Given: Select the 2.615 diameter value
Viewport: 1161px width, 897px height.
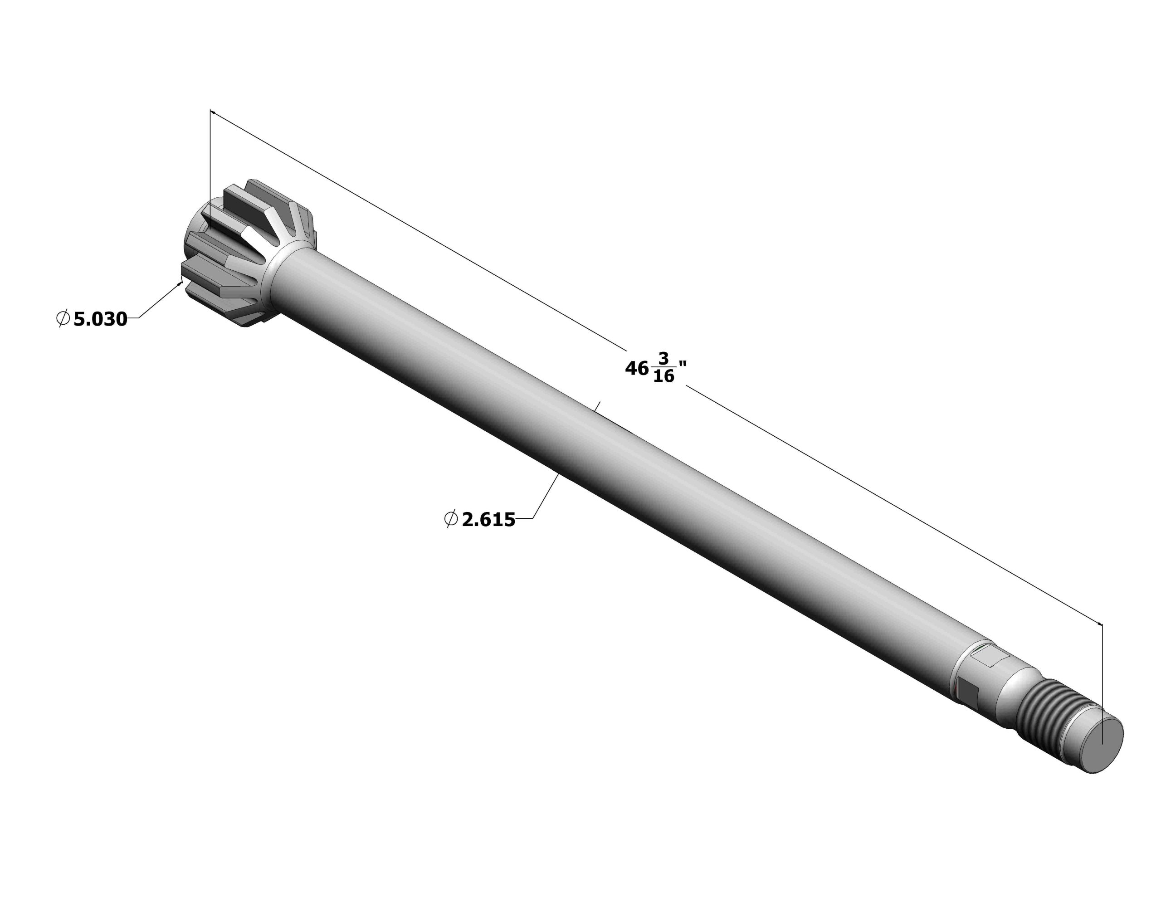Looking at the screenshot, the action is click(x=488, y=520).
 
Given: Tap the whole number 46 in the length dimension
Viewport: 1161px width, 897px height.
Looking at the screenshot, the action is click(x=636, y=368).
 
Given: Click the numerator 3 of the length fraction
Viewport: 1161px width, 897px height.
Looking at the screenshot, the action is click(x=663, y=358).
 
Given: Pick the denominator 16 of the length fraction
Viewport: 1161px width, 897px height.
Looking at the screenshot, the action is click(x=663, y=376).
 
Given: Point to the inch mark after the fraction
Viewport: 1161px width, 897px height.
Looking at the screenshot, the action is click(x=683, y=364).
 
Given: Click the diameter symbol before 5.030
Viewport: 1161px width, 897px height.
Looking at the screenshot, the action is click(x=63, y=319).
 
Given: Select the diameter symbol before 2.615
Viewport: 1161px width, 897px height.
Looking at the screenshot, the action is click(x=451, y=519).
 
